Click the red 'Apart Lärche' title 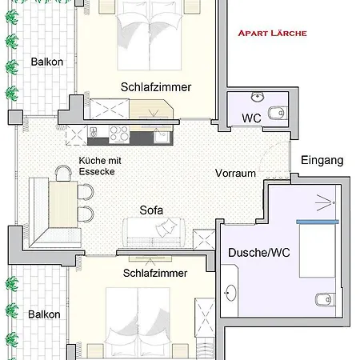click(x=272, y=33)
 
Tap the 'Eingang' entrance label click(x=322, y=161)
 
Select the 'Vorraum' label click(x=235, y=174)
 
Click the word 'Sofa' click(x=151, y=210)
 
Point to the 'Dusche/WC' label click(x=259, y=253)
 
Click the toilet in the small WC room click(x=278, y=113)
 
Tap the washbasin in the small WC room click(x=258, y=97)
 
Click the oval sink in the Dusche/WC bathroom click(x=230, y=293)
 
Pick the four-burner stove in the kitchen click(x=119, y=133)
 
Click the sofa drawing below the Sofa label click(x=154, y=232)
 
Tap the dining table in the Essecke click(x=63, y=204)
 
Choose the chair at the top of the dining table click(x=63, y=173)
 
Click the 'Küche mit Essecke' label click(x=100, y=166)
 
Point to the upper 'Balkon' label click(x=47, y=62)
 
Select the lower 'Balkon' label click(x=44, y=314)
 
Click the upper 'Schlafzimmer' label click(x=156, y=87)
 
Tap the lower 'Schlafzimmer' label click(x=155, y=273)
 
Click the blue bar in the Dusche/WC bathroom click(x=318, y=222)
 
